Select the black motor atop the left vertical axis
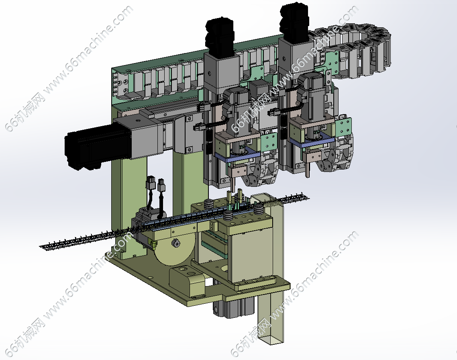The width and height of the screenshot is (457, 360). (x=220, y=35)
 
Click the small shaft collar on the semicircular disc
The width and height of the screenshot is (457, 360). (x=176, y=243)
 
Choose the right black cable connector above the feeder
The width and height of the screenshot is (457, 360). (x=161, y=184)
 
